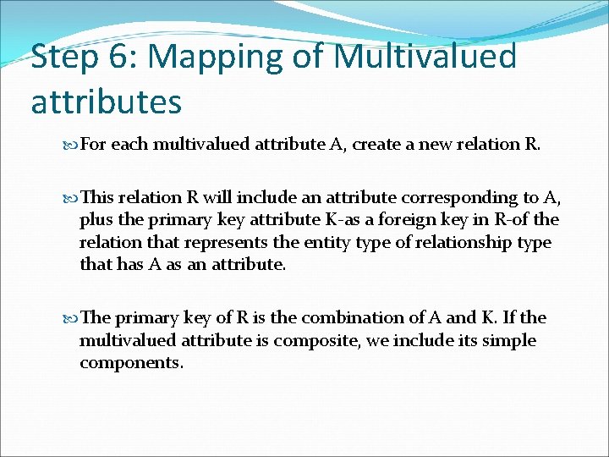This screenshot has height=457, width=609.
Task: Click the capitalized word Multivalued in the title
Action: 425,58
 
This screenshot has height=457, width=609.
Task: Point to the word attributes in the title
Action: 106,102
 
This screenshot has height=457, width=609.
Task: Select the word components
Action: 131,363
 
